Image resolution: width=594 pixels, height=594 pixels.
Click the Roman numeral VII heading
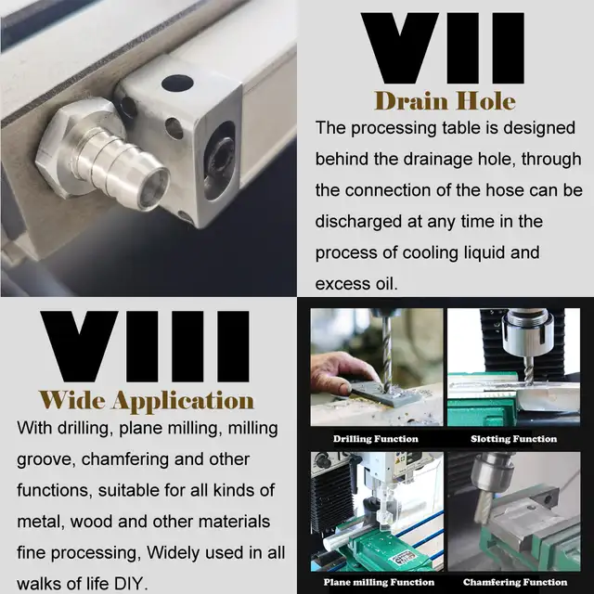[x=443, y=48]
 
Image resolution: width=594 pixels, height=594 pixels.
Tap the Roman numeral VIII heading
[x=145, y=346]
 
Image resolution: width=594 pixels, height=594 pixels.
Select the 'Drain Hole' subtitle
[x=445, y=101]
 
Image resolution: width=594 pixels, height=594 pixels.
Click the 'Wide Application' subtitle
[x=147, y=400]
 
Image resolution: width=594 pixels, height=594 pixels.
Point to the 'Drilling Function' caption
[x=376, y=439]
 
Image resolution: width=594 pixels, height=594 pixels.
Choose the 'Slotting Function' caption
[x=513, y=439]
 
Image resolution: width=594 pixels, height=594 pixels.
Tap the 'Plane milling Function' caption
[x=379, y=582]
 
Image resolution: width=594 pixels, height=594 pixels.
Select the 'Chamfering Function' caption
[x=515, y=582]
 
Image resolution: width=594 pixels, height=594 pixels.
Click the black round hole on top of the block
[x=177, y=84]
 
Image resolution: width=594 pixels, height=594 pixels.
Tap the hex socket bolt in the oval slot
[x=219, y=158]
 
